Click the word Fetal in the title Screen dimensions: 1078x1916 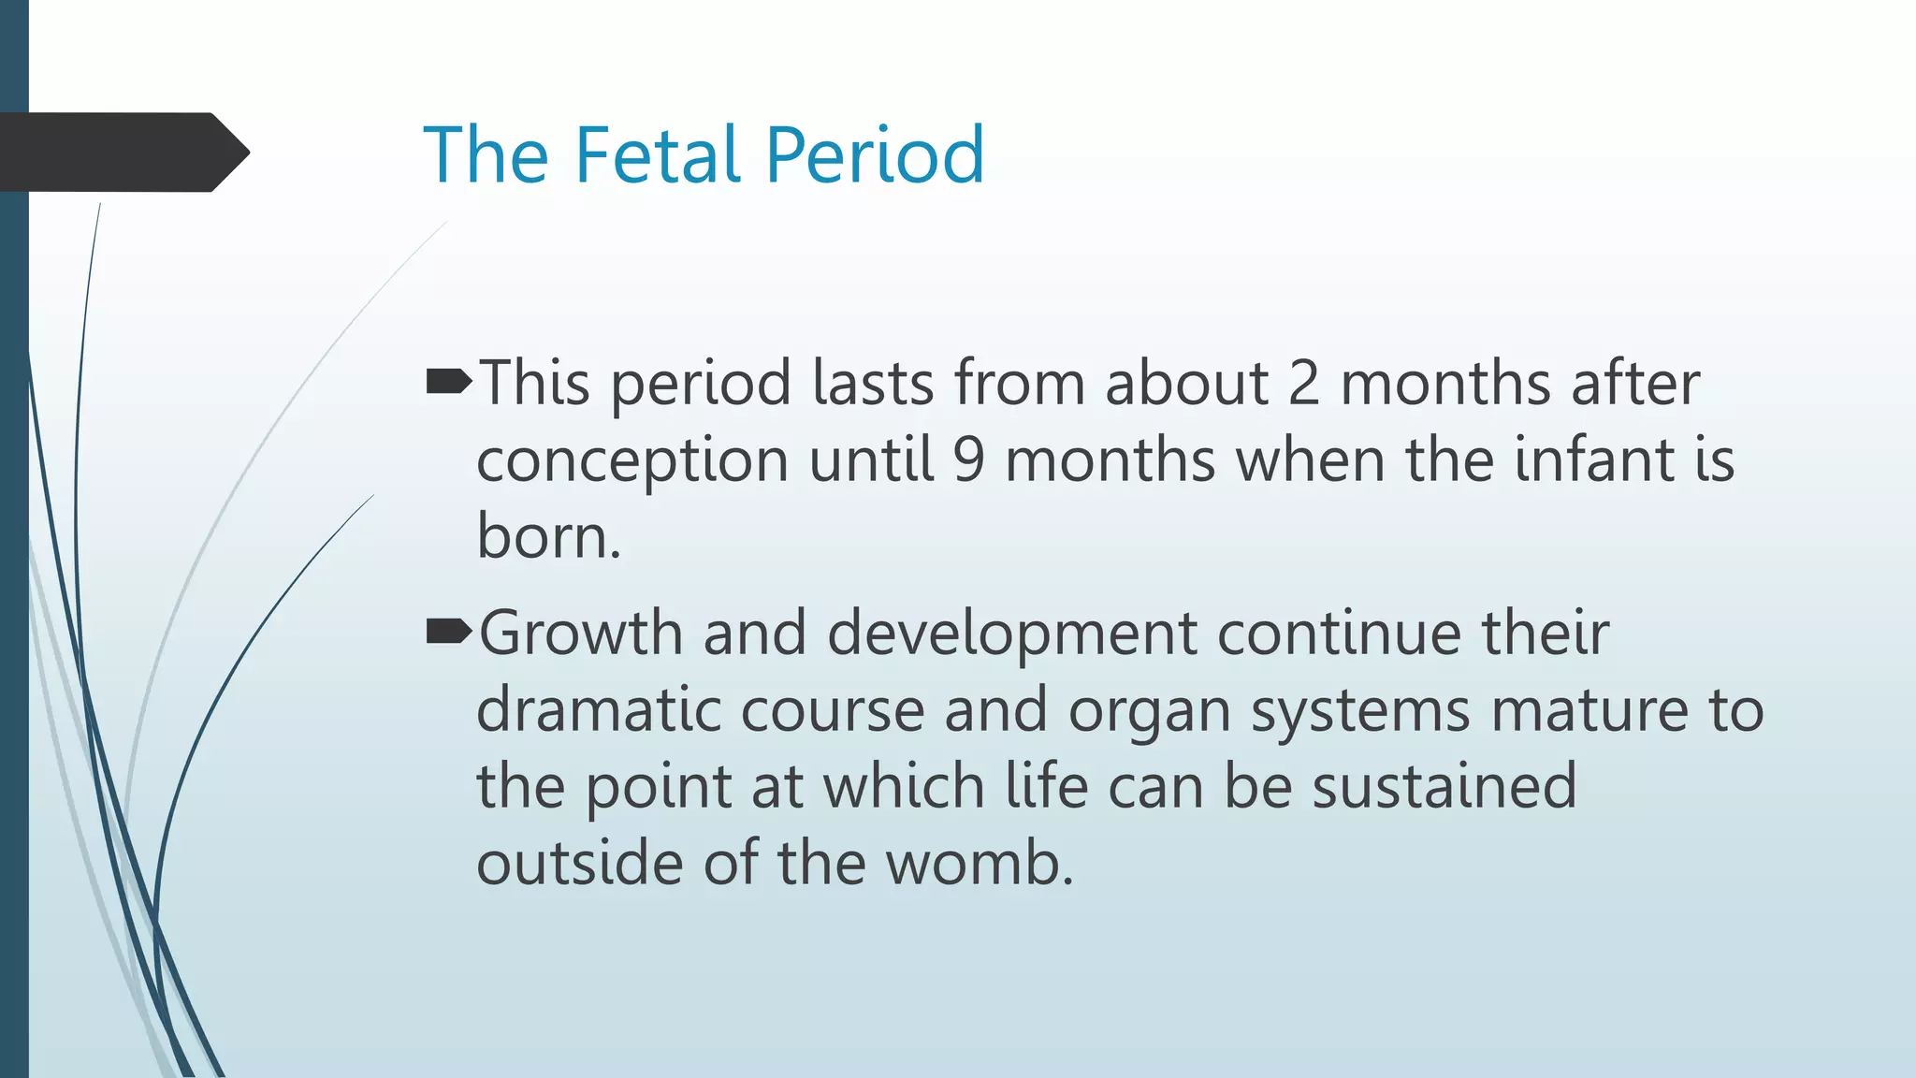pyautogui.click(x=659, y=154)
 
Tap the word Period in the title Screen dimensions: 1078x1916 pyautogui.click(x=875, y=154)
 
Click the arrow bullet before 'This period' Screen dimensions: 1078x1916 pyautogui.click(x=448, y=382)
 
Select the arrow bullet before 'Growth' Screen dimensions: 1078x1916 pyautogui.click(x=448, y=633)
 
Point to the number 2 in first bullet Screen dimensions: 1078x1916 pyautogui.click(x=1304, y=383)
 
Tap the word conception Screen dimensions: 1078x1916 pyautogui.click(x=632, y=461)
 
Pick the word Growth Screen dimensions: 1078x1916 pyautogui.click(x=580, y=633)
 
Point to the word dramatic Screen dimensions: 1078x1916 pyautogui.click(x=599, y=709)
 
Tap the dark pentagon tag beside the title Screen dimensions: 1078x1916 pyautogui.click(x=122, y=153)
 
